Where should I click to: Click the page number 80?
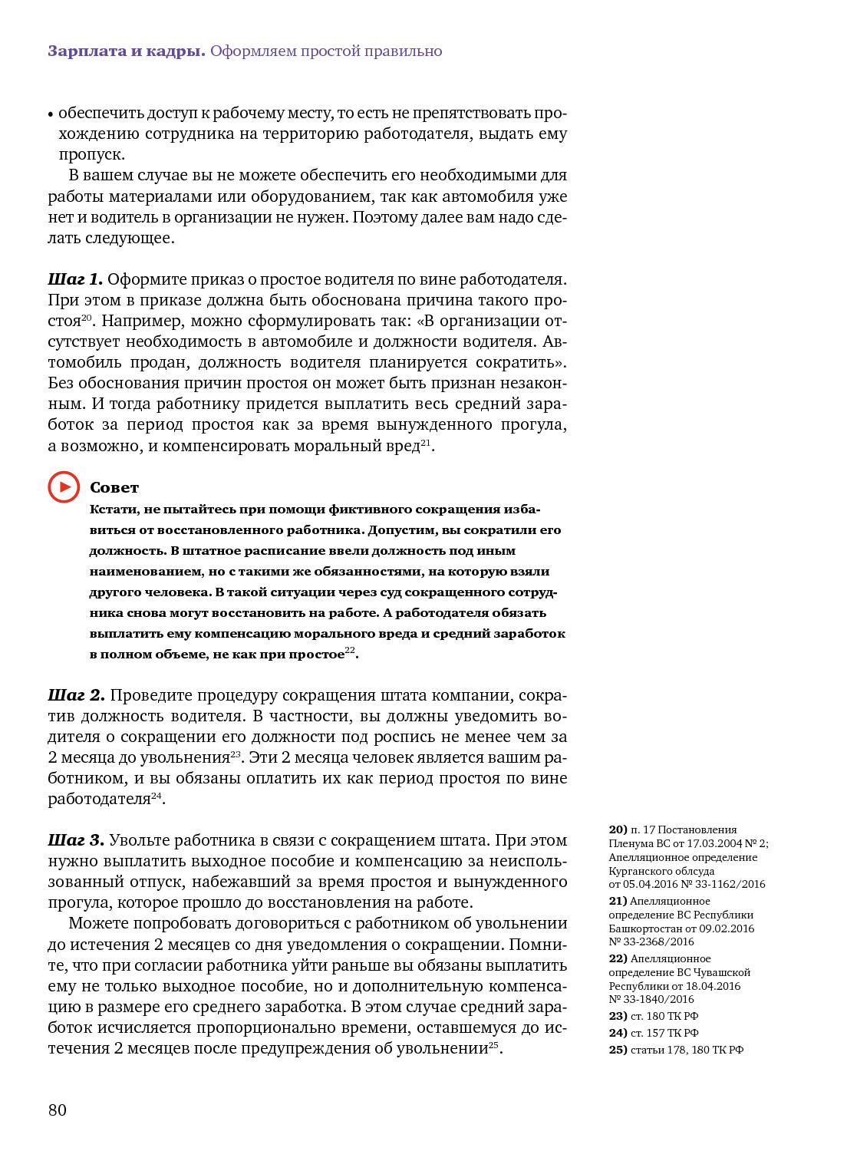coord(58,1110)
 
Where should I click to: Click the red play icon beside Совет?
coord(64,487)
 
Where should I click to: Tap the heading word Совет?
coord(114,487)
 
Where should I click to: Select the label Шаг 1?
coord(74,279)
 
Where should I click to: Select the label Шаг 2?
coord(76,695)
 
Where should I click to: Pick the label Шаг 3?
coord(75,840)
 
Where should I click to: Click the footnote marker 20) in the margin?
coord(618,829)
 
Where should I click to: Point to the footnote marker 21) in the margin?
coord(618,901)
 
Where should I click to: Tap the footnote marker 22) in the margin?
coord(618,958)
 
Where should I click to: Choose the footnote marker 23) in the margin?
coord(618,1016)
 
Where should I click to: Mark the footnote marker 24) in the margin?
coord(618,1033)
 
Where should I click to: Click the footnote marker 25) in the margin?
coord(618,1050)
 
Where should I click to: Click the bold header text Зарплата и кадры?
coord(127,51)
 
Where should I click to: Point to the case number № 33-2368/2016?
coord(651,942)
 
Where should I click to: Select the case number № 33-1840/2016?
coord(651,999)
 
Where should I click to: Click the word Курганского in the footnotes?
coord(641,871)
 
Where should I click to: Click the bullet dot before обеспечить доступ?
coord(51,114)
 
